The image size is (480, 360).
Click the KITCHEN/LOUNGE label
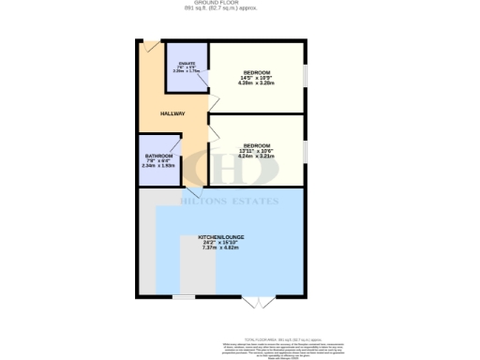(x=223, y=236)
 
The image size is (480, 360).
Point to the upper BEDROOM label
(x=256, y=73)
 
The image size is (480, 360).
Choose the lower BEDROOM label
(x=256, y=145)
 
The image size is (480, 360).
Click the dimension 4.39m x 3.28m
(x=256, y=84)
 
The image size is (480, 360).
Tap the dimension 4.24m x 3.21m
(x=256, y=157)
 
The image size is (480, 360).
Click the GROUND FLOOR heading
(x=239, y=4)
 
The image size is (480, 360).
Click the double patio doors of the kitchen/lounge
(x=253, y=302)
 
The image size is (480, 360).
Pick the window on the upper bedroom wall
(x=305, y=74)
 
